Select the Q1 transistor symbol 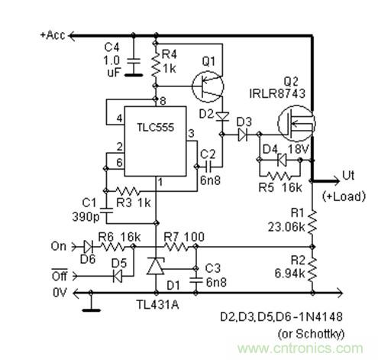point(205,86)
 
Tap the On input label point(58,246)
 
